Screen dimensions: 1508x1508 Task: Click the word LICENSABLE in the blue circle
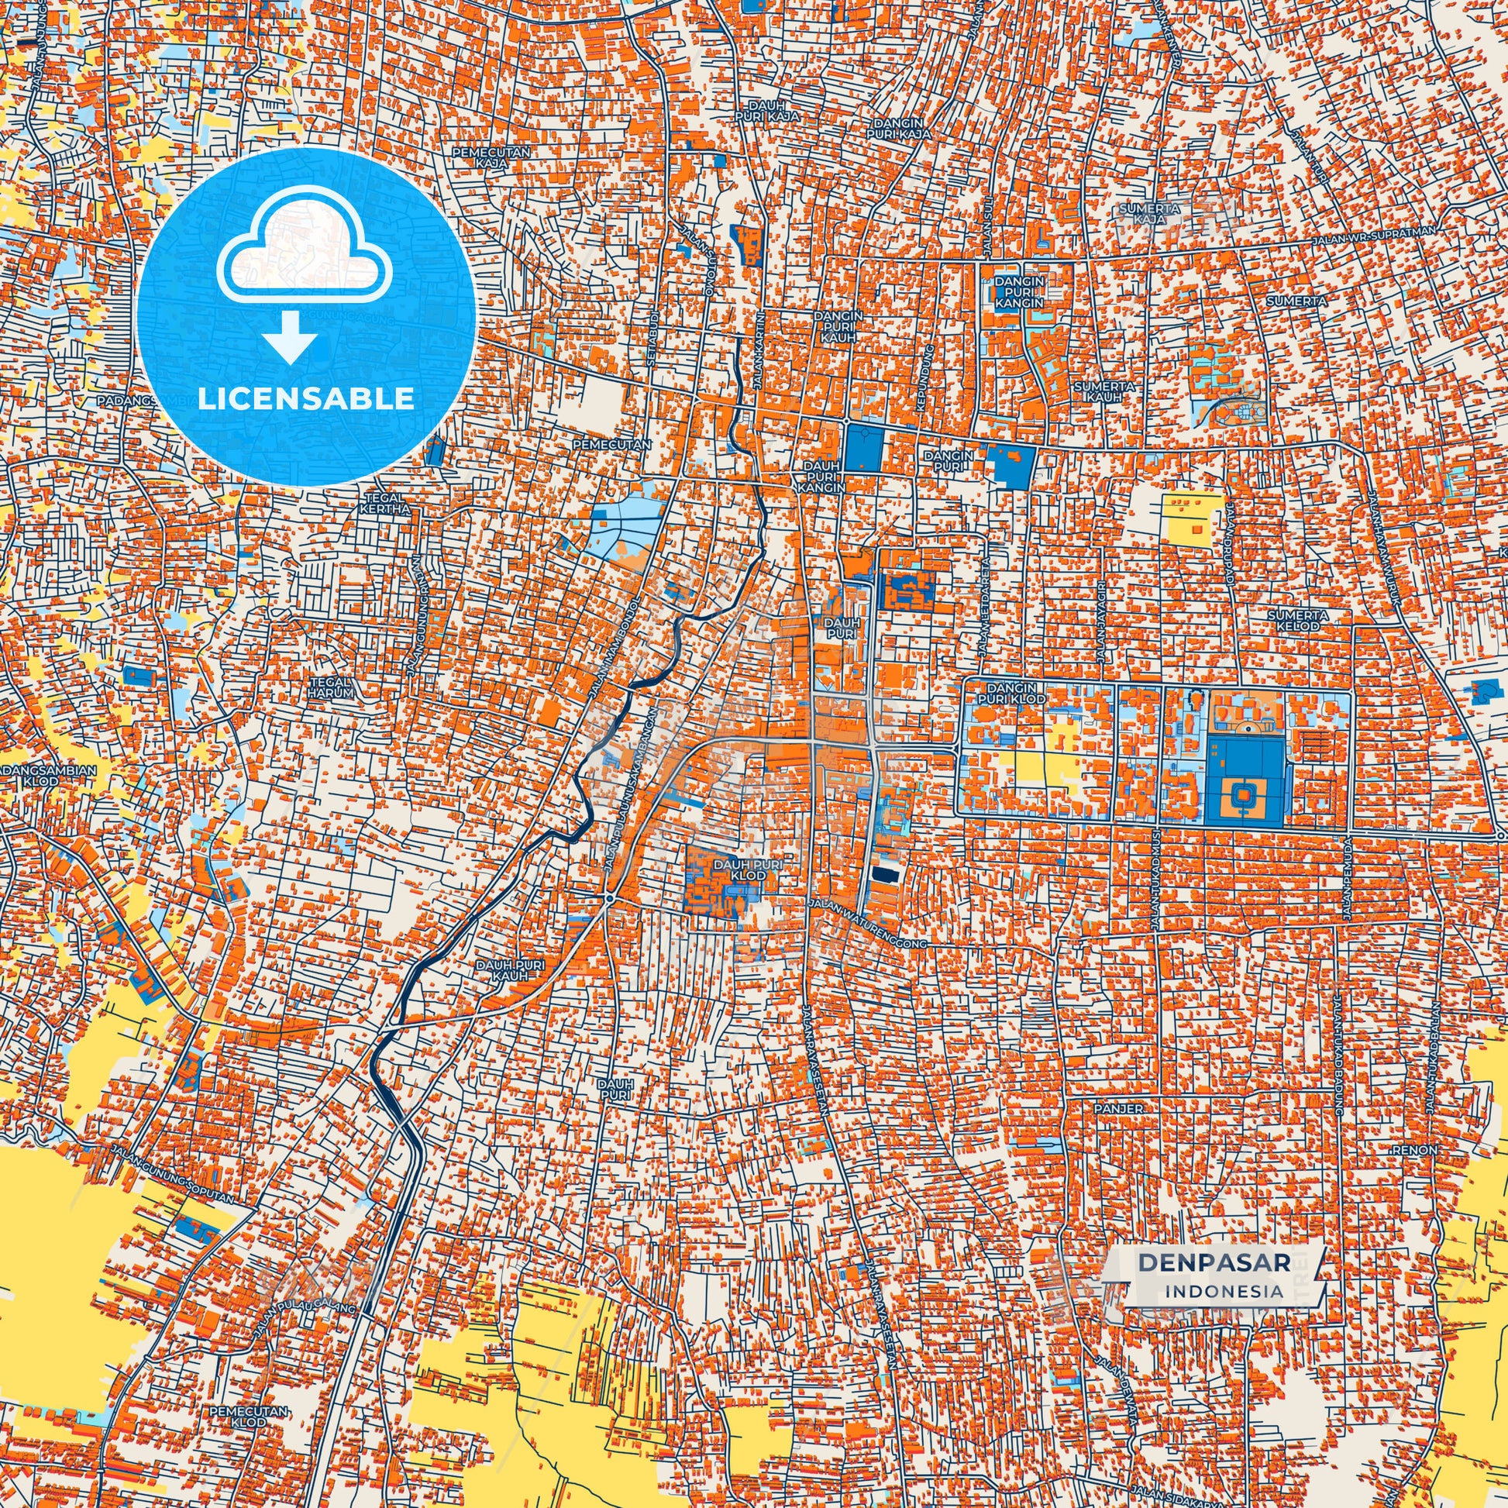306,399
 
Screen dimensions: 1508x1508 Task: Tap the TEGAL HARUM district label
331,687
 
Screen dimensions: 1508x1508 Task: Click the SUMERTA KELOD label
1292,621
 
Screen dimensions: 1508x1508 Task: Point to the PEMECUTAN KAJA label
491,157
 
